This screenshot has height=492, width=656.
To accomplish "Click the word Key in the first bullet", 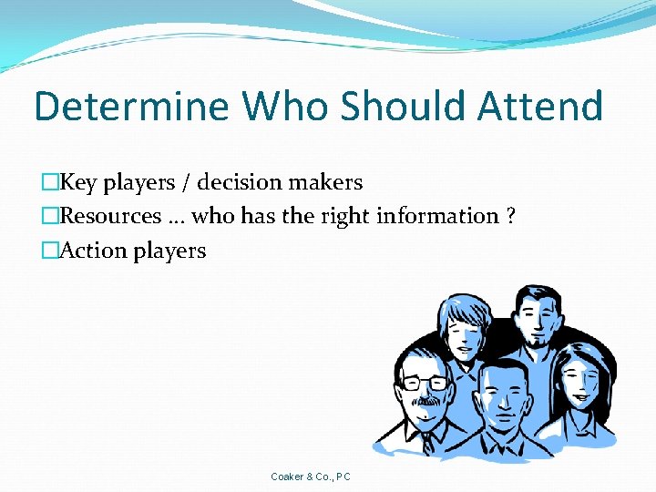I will (x=78, y=183).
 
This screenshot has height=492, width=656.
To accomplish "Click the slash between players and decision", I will (x=186, y=183).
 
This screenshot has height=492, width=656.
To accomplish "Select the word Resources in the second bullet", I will (x=110, y=217).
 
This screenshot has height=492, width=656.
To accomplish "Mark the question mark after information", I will (x=510, y=217).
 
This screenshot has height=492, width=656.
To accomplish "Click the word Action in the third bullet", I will (x=93, y=251).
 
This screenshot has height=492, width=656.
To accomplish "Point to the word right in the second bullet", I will (x=340, y=217).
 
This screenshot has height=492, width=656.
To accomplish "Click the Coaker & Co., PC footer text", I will (x=311, y=477).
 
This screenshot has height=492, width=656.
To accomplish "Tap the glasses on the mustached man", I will (x=425, y=383).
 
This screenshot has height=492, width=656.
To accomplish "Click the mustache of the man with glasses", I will (x=425, y=400).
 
